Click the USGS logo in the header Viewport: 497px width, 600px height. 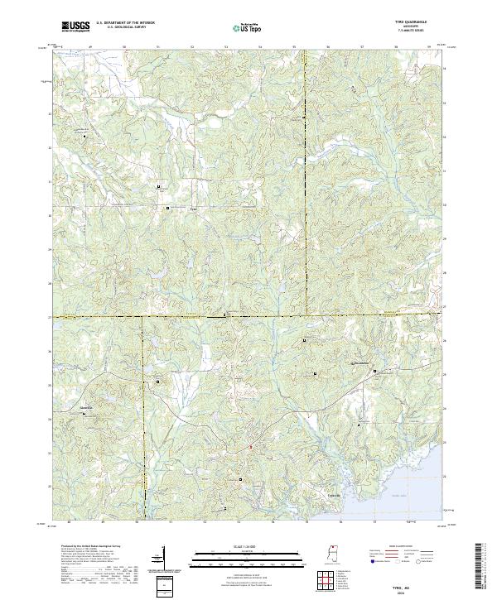click(x=75, y=26)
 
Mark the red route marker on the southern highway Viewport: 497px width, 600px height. click(x=251, y=448)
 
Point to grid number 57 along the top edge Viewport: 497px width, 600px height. click(x=362, y=46)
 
